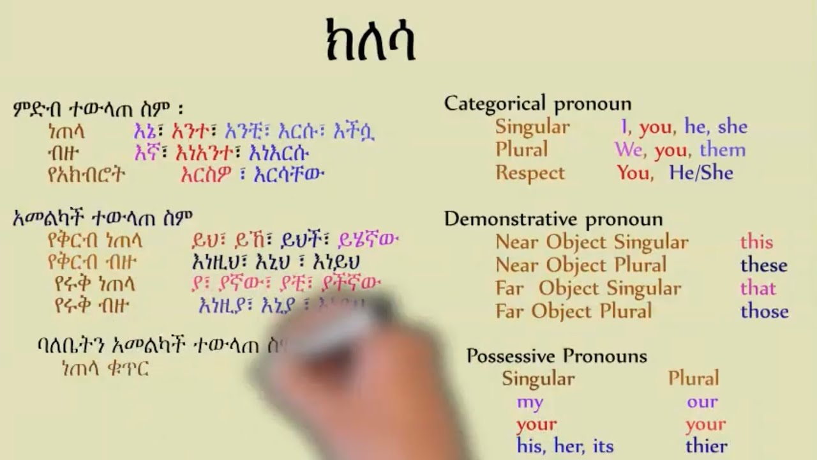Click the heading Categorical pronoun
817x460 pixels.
[537, 103]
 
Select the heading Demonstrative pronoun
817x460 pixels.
[553, 219]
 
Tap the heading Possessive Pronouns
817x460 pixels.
[557, 356]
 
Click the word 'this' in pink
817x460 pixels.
[756, 242]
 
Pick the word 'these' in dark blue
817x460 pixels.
[763, 265]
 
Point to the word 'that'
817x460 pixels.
[758, 288]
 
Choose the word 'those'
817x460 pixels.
[764, 311]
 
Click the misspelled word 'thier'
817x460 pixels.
[706, 446]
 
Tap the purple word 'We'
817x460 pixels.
[628, 150]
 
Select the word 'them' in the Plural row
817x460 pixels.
[723, 150]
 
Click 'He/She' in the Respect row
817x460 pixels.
[701, 173]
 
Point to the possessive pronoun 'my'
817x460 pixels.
[530, 402]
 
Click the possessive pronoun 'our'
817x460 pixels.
[702, 402]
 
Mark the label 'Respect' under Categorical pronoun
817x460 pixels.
[530, 173]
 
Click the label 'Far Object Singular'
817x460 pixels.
[588, 288]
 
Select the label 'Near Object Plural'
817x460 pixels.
[581, 265]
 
